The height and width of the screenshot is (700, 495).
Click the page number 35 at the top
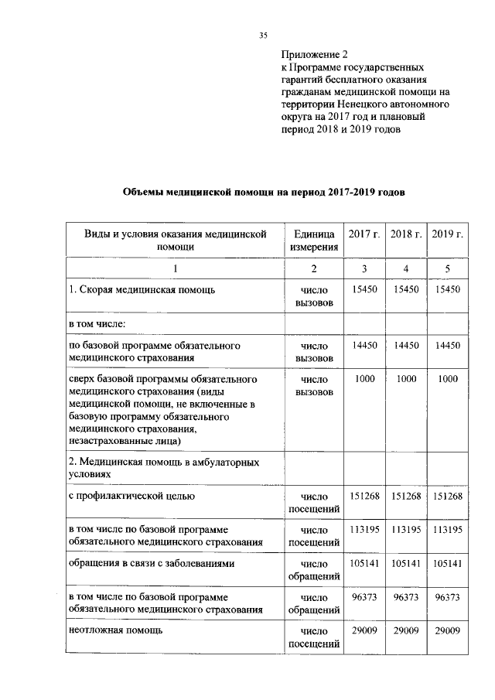(262, 35)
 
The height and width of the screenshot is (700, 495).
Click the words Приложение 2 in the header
(315, 54)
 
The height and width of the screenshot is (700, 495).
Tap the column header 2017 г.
(364, 234)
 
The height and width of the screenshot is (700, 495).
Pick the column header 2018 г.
(405, 234)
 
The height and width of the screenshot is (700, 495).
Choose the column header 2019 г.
(447, 234)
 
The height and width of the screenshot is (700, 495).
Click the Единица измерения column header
(314, 241)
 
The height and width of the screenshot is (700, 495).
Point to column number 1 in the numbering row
(175, 268)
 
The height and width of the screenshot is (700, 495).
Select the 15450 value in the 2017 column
(364, 289)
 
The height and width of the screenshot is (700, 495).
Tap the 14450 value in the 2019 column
(447, 345)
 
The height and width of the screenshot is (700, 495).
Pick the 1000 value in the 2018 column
(405, 380)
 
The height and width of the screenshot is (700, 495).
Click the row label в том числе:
(97, 323)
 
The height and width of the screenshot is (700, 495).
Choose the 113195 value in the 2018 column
(405, 530)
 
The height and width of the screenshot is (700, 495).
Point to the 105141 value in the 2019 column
(447, 564)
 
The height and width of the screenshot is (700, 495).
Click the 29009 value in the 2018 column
(405, 631)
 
